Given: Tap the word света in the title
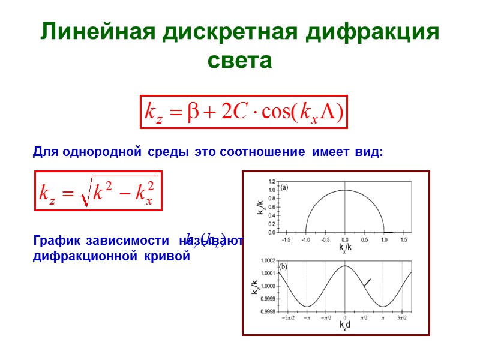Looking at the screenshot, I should [x=239, y=61].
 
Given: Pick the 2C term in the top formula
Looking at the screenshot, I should [x=234, y=112].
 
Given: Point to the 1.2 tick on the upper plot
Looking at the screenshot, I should [x=272, y=181].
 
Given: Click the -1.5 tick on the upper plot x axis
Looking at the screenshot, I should [x=287, y=239].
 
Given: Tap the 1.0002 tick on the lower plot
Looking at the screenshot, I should [x=267, y=260].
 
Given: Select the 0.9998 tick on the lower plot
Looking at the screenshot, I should [x=267, y=311].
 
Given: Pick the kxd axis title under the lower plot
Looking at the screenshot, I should [x=344, y=326].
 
